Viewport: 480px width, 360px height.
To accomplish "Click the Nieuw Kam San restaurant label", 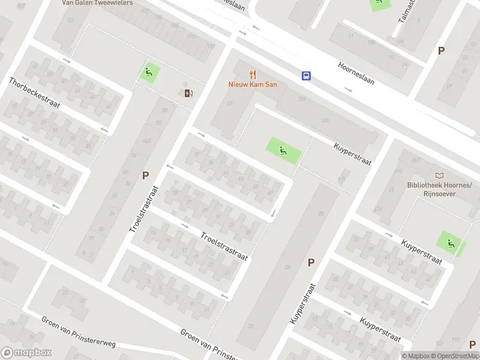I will pos(253,85).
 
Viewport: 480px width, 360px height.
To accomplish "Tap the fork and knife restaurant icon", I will pos(253,74).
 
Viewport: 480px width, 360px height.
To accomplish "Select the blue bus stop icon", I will pos(306,76).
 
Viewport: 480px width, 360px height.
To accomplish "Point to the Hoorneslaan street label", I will pos(356,73).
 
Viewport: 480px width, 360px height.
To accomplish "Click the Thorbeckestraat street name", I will pos(35,93).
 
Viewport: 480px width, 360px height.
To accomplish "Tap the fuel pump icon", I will pos(188,92).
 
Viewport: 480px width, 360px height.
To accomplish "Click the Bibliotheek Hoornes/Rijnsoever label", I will pos(440,190).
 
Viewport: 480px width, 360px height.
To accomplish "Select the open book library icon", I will pos(440,175).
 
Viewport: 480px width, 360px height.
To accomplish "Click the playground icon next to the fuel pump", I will pos(149,73).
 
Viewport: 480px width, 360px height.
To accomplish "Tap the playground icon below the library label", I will pos(450,243).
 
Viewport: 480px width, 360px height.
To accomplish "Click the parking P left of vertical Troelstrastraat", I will pos(145,175).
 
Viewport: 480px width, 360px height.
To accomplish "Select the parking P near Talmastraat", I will pos(441,51).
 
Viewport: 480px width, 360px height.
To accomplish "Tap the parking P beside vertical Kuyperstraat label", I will pos(311,262).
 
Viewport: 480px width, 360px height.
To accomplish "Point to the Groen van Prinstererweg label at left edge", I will pos(78,331).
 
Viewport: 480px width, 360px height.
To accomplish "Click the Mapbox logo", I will pos(26,353).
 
